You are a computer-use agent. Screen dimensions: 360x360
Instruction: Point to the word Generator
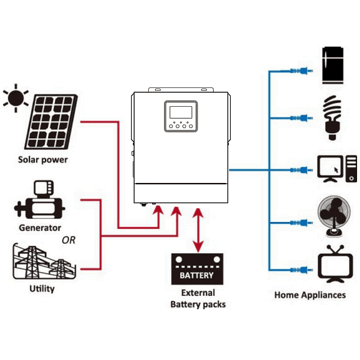coord(40,228)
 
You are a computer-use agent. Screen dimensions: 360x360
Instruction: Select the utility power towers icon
coord(41,261)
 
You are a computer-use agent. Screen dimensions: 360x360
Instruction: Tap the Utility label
coord(41,289)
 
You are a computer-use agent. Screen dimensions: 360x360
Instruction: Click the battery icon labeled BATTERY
coord(197,269)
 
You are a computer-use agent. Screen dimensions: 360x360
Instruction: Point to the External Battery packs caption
coord(197,299)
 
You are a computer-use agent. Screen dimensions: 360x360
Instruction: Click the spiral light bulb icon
coord(334,117)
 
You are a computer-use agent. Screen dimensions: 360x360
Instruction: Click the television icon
coord(335,264)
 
